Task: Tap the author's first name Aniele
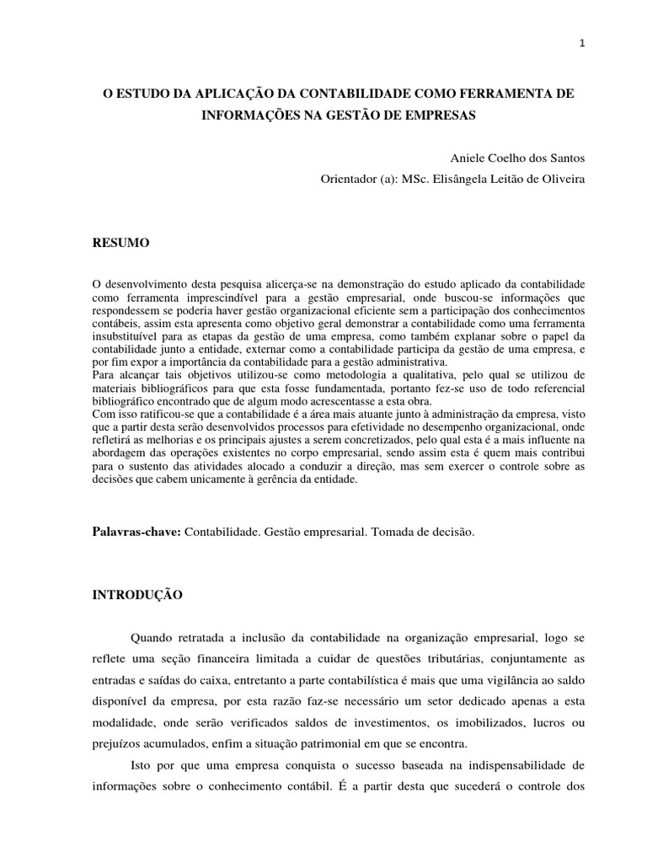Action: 468,158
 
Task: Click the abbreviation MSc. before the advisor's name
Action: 428,179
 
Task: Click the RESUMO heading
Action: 120,243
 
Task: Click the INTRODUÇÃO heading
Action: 136,594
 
